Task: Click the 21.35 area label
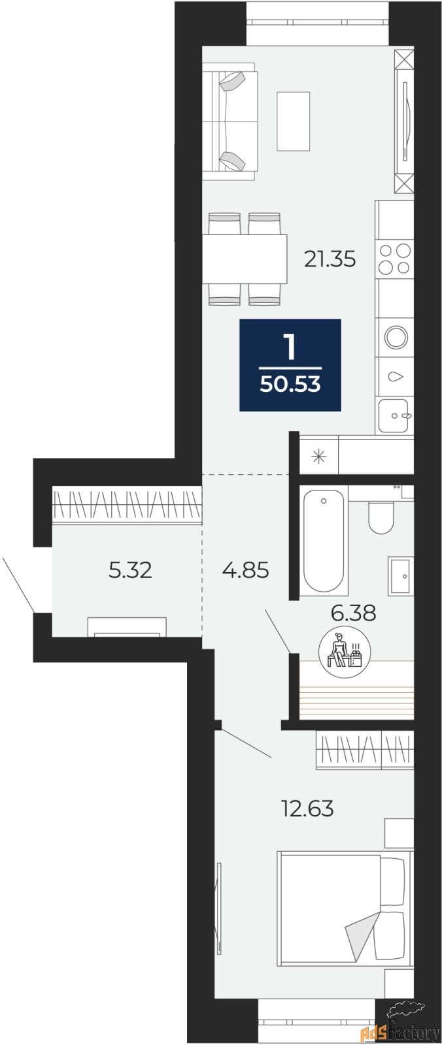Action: click(x=330, y=259)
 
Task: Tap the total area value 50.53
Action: click(x=290, y=384)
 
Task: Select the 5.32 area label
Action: click(x=130, y=570)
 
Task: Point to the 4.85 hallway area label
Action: click(x=246, y=570)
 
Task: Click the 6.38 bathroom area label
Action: click(x=353, y=613)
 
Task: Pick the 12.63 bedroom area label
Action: click(x=307, y=809)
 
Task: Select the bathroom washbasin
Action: click(x=400, y=576)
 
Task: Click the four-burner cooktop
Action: click(x=395, y=259)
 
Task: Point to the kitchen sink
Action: click(x=394, y=415)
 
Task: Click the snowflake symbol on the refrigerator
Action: click(x=318, y=456)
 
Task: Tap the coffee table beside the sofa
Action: click(x=294, y=121)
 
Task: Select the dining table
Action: click(x=245, y=259)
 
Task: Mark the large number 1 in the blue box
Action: click(x=290, y=347)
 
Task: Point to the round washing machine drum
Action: click(x=396, y=337)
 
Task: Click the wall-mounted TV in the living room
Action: click(x=405, y=121)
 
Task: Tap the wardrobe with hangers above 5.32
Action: click(x=127, y=505)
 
